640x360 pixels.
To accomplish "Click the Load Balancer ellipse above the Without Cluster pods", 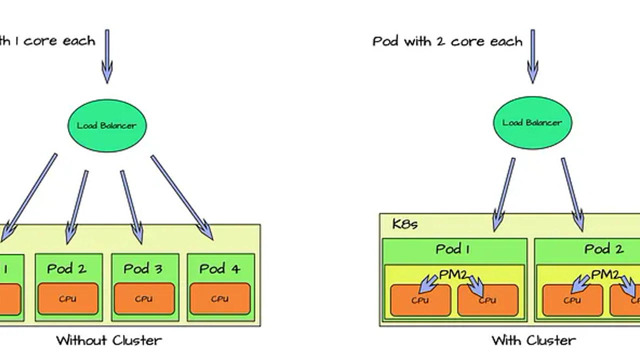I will click(106, 125).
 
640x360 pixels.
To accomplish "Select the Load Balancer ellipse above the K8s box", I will click(532, 122).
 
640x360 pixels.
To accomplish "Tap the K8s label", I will click(404, 223).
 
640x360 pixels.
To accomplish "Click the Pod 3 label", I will click(143, 268).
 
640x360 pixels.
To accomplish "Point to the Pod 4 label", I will click(219, 268).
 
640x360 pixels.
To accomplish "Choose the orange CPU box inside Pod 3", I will click(144, 298).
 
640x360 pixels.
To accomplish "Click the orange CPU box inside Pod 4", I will click(220, 298).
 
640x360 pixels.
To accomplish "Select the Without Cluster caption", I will click(109, 340).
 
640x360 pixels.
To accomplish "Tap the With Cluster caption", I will click(533, 340).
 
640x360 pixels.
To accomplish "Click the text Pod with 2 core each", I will click(447, 41).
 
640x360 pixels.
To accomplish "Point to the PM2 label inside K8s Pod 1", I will click(452, 274).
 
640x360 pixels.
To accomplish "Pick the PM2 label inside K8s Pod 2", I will click(605, 274).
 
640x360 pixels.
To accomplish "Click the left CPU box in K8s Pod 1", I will click(420, 300).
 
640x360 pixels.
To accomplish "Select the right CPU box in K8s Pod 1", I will click(487, 300).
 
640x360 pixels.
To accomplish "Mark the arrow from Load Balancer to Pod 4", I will click(182, 197).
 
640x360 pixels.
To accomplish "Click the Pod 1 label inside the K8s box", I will click(452, 249).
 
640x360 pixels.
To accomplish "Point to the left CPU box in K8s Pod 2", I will click(572, 300).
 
